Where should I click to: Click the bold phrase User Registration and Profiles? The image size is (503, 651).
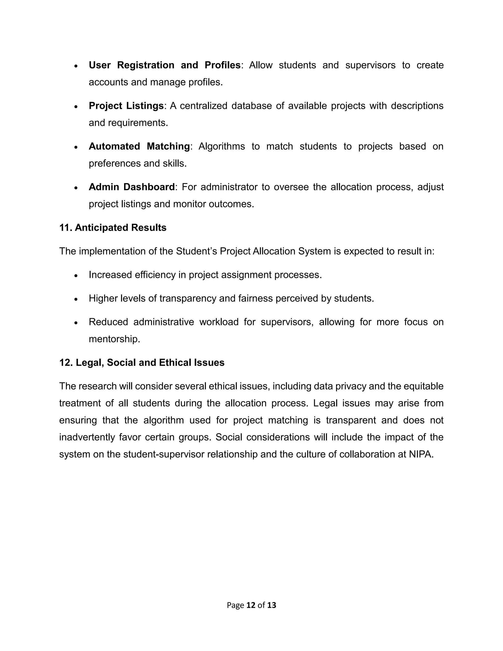[x=165, y=65]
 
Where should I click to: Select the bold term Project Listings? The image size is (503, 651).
[x=126, y=106]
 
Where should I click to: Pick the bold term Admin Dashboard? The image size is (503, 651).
[x=131, y=187]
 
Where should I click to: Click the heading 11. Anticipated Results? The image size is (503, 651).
[x=113, y=227]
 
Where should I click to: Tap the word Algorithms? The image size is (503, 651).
[x=221, y=146]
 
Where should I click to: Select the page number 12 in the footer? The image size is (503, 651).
[x=251, y=605]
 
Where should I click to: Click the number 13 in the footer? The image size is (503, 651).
[x=271, y=605]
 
